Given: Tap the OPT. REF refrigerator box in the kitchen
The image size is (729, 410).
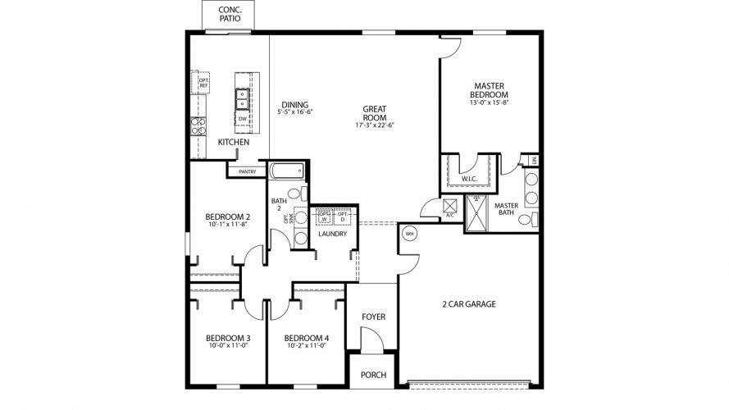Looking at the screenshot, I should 201,83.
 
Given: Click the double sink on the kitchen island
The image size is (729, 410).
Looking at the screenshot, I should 243,99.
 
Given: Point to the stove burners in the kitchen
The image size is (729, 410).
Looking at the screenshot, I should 198,125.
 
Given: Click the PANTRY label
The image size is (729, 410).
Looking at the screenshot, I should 247,171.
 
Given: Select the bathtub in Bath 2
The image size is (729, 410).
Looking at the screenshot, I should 287,172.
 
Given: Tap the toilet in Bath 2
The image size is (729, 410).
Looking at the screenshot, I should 303,194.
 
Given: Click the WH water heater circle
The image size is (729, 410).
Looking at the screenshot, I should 410,234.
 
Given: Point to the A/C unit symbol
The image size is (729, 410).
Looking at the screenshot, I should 449,207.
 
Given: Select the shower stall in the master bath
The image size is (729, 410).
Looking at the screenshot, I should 476,212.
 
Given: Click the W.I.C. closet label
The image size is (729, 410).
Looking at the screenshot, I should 470,179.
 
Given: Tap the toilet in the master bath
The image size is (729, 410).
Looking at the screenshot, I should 535,219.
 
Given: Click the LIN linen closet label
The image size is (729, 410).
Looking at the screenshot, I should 534,162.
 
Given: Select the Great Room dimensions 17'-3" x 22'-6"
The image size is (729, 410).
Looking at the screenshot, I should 375,125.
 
